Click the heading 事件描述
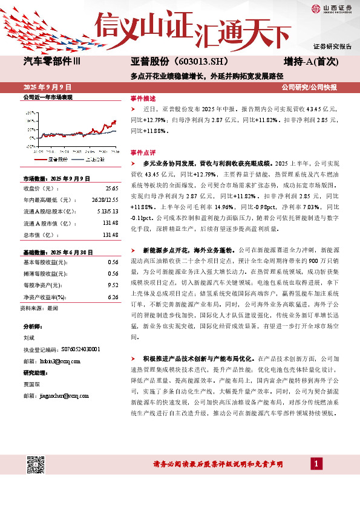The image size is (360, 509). (143, 98)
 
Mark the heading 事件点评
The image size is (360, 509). (143, 152)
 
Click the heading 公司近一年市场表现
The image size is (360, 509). (48, 97)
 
